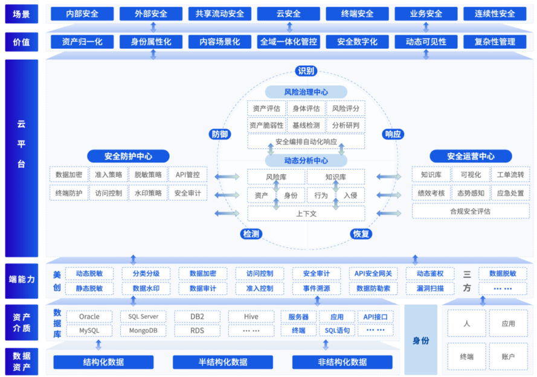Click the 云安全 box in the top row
[x=288, y=14]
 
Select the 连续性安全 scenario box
[x=495, y=14]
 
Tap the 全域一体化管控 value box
[x=288, y=42]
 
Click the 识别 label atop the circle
[x=306, y=71]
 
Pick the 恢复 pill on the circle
[x=361, y=234]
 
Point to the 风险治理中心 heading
[x=306, y=92]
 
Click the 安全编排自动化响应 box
[x=306, y=142]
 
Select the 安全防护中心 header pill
[x=128, y=156]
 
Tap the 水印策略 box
[x=148, y=193]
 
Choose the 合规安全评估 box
[x=471, y=211]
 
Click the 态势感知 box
[x=471, y=193]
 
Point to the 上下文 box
[x=306, y=214]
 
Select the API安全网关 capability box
[x=373, y=274]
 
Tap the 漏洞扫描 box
[x=430, y=288]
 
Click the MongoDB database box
[x=143, y=331]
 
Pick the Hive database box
[x=251, y=317]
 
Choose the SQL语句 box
[x=337, y=331]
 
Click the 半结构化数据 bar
[x=223, y=362]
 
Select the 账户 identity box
[x=508, y=356]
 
